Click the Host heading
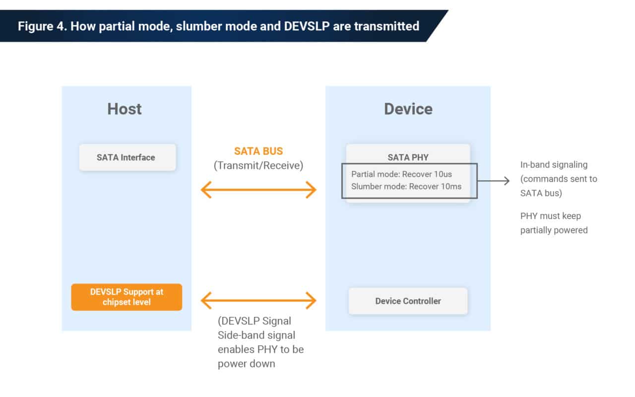[x=125, y=109]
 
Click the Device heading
[x=408, y=109]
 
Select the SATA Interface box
[x=127, y=157]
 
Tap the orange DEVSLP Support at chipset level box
[x=127, y=297]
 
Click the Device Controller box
[x=408, y=301]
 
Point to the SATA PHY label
[x=408, y=157]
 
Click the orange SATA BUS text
[x=258, y=151]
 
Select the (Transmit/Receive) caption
[x=258, y=166]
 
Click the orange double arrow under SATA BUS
[x=258, y=190]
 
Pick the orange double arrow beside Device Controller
[x=258, y=300]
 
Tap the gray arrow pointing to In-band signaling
[x=494, y=181]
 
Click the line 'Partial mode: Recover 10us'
[x=401, y=174]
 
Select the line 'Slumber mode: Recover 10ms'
[x=406, y=186]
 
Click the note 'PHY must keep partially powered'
[x=554, y=223]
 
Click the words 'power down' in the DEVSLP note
[x=246, y=364]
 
